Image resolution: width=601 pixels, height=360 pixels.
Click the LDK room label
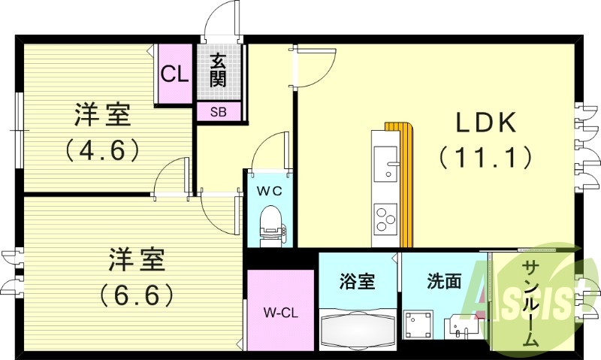485,122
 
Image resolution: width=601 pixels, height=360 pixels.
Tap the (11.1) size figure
485,156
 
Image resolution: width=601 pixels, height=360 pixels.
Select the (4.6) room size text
103,149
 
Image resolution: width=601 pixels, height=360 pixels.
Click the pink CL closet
174,74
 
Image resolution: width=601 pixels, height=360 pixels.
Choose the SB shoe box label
219,112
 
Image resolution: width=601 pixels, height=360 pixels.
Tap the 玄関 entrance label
218,69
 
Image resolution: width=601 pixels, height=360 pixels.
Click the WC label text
270,191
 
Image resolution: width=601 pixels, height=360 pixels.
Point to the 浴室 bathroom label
358,282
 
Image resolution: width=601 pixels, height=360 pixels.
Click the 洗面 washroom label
443,282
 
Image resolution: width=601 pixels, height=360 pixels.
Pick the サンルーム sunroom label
530,303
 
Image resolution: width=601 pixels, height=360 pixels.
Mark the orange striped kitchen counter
406,184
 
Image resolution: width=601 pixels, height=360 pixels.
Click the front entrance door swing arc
224,17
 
